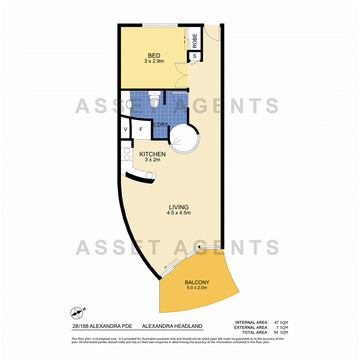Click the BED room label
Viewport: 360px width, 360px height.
[x=154, y=55]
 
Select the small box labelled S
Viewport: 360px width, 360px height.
[x=194, y=56]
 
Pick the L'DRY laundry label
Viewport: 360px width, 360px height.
[x=160, y=125]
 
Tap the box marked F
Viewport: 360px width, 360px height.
[x=141, y=130]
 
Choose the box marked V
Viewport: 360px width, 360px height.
[x=126, y=130]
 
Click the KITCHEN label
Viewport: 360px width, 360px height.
[x=152, y=154]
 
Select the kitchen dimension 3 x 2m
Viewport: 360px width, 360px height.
[x=152, y=160]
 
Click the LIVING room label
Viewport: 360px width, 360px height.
[x=178, y=207]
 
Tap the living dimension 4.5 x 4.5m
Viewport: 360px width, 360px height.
[x=178, y=213]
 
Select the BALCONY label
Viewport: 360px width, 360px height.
[x=197, y=282]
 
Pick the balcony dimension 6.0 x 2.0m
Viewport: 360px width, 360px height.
[x=197, y=288]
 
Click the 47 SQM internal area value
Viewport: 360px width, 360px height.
[x=281, y=322]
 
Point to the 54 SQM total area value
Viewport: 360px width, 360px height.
[x=281, y=332]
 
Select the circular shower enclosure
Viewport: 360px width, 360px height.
[x=183, y=138]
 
